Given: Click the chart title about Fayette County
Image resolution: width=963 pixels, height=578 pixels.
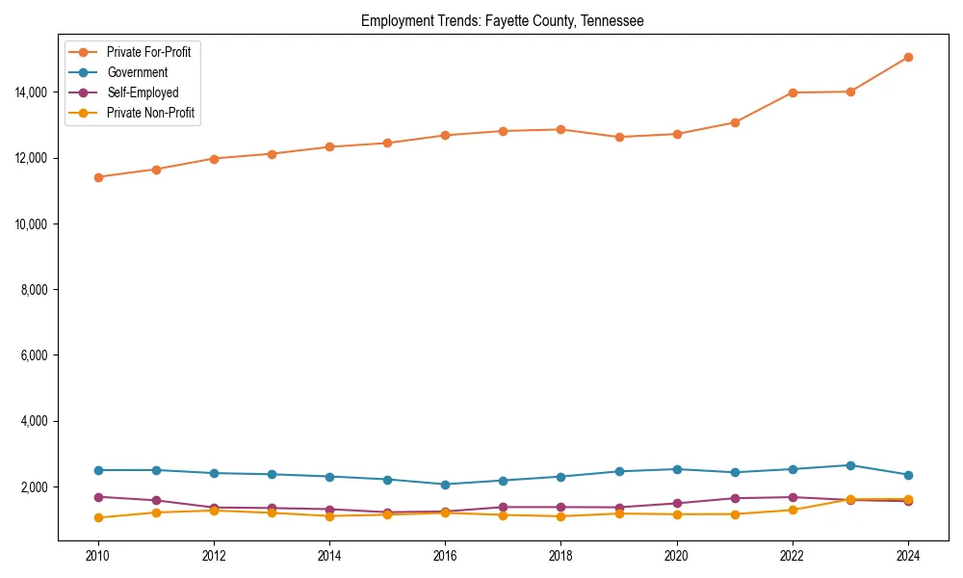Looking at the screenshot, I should pos(502,20).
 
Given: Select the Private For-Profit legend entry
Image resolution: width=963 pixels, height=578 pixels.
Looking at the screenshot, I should pos(148,52).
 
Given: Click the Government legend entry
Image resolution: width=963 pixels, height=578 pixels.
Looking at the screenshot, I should pos(137,72).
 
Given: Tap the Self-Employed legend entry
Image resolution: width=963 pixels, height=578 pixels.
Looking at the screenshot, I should pos(142,92).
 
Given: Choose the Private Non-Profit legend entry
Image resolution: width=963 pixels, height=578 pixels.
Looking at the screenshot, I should pos(152,113).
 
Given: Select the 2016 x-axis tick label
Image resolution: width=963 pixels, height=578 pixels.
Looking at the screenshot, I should pos(445,556).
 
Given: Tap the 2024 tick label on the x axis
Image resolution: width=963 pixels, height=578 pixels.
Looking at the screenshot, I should pos(908,556).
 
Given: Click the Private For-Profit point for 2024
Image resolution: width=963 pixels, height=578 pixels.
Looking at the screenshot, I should pos(908,57).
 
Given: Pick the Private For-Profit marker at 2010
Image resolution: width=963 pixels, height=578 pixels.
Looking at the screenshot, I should pos(98,177).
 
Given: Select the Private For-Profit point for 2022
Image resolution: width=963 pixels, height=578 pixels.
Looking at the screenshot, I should pos(793,92).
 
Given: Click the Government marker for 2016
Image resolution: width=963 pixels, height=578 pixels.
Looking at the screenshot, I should pos(445,485).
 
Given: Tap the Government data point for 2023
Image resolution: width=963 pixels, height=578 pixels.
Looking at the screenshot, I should pos(850,465).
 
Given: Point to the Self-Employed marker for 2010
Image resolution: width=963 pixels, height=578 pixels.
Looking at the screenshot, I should pos(98,497).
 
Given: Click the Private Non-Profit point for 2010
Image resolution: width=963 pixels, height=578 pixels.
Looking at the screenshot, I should pos(98,517).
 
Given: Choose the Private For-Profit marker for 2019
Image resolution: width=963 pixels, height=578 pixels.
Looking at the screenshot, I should pos(619,137).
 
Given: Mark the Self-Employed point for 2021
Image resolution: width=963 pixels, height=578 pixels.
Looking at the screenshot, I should pos(735,498).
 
